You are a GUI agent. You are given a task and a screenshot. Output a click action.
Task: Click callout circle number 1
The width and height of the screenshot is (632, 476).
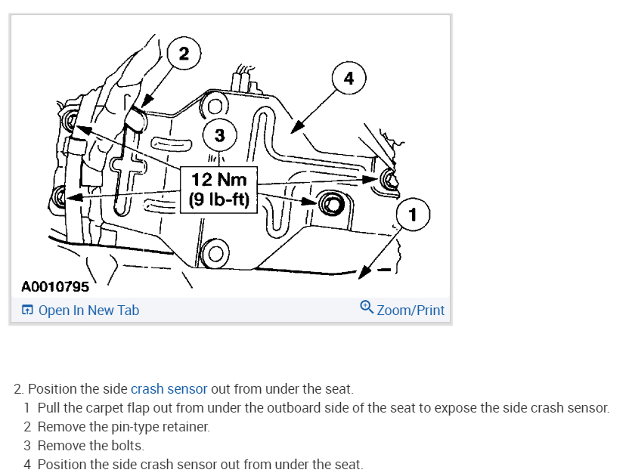point(412,215)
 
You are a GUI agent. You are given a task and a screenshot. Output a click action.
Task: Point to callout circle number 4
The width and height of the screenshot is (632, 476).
point(348,78)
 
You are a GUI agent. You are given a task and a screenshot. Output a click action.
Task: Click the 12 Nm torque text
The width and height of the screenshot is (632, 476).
point(219,180)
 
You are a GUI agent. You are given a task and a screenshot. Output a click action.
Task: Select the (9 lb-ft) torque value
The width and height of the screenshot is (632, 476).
point(219,201)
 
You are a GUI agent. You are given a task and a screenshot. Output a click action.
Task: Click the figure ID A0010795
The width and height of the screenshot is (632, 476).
point(54,286)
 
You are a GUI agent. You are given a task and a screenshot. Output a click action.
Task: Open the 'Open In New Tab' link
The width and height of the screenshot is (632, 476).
point(88,310)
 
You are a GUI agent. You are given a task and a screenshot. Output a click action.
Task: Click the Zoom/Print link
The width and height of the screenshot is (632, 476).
point(410,310)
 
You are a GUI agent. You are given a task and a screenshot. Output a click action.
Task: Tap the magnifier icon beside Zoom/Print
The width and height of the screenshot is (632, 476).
point(367,308)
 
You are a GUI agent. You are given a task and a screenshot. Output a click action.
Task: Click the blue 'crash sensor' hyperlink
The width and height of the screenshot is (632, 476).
point(169,389)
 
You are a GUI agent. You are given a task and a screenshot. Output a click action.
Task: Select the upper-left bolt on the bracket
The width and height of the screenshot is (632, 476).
point(71,119)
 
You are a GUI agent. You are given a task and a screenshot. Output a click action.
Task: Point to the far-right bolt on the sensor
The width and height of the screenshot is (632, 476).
point(388,179)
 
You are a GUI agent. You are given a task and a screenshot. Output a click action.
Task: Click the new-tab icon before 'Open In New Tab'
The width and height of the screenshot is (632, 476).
point(27,311)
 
